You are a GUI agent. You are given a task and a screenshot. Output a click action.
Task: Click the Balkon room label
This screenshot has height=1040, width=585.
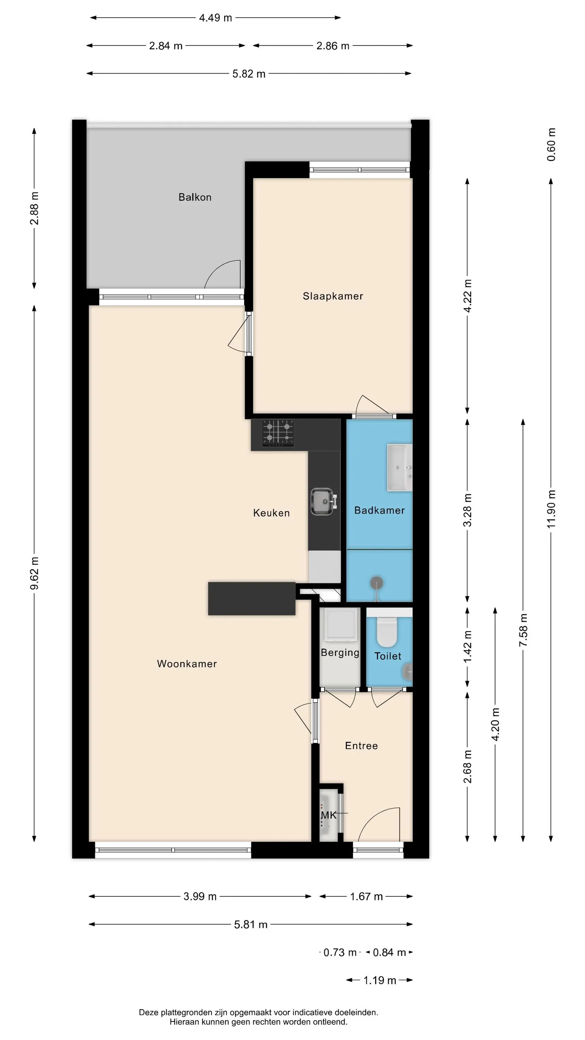(195, 197)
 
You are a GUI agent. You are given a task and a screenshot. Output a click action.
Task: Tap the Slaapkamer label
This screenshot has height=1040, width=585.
(333, 296)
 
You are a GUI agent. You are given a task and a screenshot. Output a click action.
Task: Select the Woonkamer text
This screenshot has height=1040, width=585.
(187, 664)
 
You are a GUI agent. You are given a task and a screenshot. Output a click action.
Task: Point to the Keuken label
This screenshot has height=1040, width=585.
(271, 513)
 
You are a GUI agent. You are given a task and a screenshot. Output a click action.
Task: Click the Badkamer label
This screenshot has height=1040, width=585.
(379, 510)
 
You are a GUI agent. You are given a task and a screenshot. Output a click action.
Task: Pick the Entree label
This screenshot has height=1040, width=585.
(361, 746)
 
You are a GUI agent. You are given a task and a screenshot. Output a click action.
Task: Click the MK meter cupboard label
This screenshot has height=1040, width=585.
(329, 815)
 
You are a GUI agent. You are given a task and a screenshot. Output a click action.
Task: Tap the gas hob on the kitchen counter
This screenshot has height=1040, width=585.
(278, 433)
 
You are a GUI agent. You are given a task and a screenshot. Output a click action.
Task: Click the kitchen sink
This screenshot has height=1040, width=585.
(323, 502)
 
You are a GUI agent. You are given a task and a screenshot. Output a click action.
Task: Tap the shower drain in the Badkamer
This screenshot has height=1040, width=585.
(377, 583)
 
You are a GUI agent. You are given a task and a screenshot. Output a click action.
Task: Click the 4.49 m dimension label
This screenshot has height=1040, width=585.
(216, 18)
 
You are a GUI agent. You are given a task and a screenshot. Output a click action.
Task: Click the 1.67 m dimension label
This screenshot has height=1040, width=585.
(366, 897)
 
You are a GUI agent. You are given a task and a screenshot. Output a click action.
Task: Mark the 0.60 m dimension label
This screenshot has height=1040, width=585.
(551, 145)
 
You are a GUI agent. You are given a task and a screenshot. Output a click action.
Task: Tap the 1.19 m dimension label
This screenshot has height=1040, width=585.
(379, 981)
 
